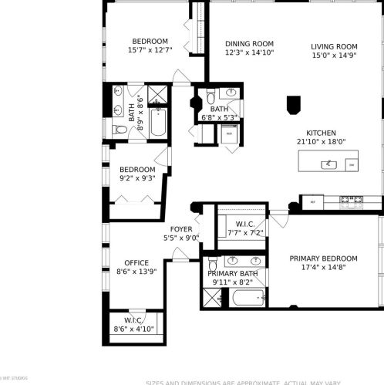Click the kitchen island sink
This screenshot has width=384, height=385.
[328, 163]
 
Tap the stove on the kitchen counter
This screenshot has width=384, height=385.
[352, 202]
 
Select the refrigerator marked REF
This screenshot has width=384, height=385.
[312, 202]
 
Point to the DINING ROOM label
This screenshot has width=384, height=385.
[249, 44]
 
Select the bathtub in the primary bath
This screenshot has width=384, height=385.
[242, 297]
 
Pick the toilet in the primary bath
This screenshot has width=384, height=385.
[213, 266]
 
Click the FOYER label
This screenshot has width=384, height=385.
[181, 229]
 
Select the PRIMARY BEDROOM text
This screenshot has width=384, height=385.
[323, 258]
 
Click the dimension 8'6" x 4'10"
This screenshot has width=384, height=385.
[133, 329]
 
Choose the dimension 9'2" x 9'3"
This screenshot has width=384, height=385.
[136, 178]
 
